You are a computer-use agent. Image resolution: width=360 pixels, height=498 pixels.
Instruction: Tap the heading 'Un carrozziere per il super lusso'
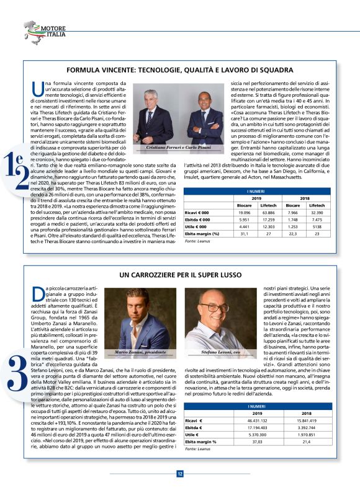(180, 274)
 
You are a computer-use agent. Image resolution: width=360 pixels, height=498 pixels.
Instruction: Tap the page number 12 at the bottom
(180, 474)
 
